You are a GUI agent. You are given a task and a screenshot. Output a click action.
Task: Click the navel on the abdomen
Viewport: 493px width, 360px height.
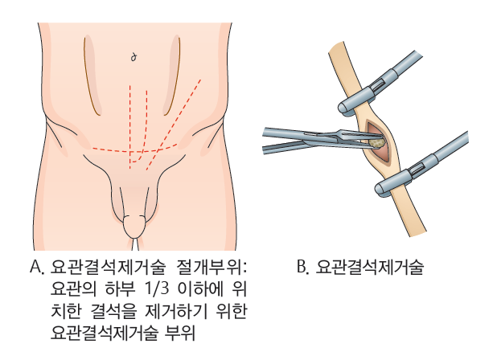click(x=134, y=58)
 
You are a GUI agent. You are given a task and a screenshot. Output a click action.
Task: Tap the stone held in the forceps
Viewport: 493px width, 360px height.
click(x=377, y=142)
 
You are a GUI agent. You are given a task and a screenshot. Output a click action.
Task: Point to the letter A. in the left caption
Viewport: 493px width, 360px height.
click(x=38, y=268)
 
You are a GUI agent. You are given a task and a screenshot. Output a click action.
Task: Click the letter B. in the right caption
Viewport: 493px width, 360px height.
click(x=303, y=268)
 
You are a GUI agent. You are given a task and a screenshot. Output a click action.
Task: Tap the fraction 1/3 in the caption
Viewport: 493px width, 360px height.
click(x=157, y=289)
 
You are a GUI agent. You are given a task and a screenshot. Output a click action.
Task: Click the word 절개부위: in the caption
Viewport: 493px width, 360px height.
click(x=212, y=268)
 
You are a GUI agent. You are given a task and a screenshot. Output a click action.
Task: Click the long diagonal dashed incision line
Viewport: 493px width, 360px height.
click(x=174, y=125)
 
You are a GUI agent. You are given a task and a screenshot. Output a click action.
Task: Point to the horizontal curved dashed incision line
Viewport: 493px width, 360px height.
click(x=134, y=149)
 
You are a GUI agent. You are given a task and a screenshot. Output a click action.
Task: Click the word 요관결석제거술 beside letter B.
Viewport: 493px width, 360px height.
click(x=370, y=268)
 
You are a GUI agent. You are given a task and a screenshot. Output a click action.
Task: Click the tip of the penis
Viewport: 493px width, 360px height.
click(x=134, y=227)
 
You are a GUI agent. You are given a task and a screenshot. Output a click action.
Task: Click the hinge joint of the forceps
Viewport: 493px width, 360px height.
click(x=339, y=137)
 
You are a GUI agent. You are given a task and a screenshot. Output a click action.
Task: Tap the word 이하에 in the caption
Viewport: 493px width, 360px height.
click(x=200, y=289)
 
